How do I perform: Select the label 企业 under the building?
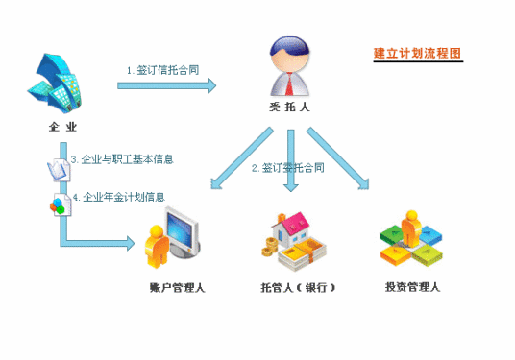click(x=63, y=126)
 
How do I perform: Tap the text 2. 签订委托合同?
click(x=287, y=167)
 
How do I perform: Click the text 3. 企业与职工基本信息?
click(x=121, y=157)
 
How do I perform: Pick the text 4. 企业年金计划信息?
click(x=124, y=196)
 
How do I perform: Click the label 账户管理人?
click(x=176, y=286)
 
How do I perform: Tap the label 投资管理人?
click(x=412, y=286)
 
